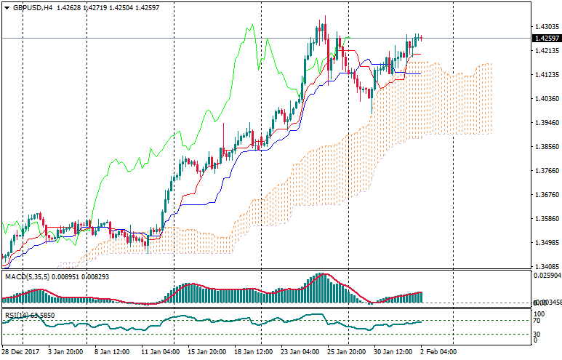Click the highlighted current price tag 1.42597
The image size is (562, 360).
click(x=545, y=39)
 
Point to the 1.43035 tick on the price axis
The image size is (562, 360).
click(x=545, y=27)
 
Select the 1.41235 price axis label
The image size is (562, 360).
click(x=545, y=75)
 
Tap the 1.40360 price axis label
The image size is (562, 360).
click(x=545, y=99)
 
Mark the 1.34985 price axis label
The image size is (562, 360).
click(x=545, y=243)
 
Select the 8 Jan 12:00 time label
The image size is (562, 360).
click(x=112, y=351)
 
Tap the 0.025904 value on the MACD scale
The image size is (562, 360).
click(x=547, y=276)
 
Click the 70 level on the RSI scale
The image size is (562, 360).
click(x=537, y=320)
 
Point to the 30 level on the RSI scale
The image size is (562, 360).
click(x=537, y=334)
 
